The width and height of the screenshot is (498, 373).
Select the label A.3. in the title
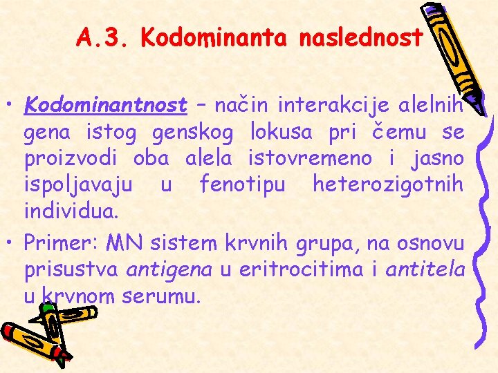pyautogui.click(x=104, y=37)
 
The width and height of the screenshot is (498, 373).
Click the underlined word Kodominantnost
pyautogui.click(x=106, y=106)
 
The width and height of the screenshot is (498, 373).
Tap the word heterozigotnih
pyautogui.click(x=388, y=184)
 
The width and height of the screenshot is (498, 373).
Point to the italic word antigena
pyautogui.click(x=169, y=269)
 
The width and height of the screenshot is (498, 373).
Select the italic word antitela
pyautogui.click(x=425, y=269)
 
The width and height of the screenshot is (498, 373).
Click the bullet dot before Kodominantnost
pyautogui.click(x=12, y=108)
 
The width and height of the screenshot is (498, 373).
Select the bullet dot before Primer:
pyautogui.click(x=12, y=245)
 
